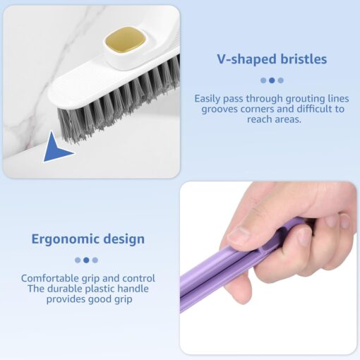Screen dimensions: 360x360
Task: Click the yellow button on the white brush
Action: point(125,40)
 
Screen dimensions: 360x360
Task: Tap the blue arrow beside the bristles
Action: point(56,148)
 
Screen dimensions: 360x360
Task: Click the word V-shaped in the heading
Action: point(246,59)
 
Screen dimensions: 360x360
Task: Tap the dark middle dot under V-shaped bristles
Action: point(272,80)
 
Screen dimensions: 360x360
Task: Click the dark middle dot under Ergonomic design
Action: point(86,260)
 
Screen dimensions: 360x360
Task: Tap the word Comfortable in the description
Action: point(50,278)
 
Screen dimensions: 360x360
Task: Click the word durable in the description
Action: point(64,289)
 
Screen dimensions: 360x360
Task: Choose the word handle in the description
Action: point(133,289)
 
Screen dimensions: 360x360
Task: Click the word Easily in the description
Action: point(208,99)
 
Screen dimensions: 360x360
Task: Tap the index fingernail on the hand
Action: point(304,236)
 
